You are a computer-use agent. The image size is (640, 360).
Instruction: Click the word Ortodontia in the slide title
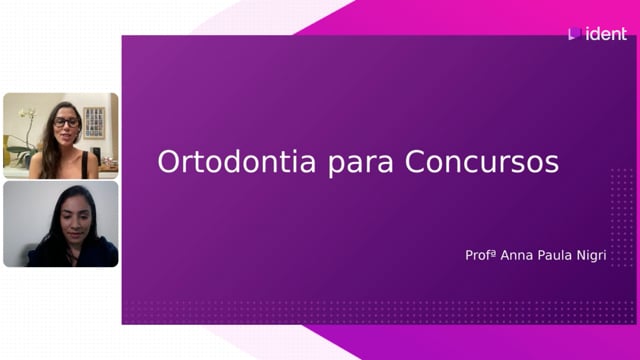pyautogui.click(x=237, y=162)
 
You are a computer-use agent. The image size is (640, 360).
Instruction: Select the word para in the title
pyautogui.click(x=361, y=165)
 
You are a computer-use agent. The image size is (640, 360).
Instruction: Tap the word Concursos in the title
pyautogui.click(x=482, y=162)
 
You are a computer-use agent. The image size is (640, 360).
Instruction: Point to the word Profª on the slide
pyautogui.click(x=480, y=255)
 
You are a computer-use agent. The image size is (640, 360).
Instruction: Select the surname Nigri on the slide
pyautogui.click(x=591, y=256)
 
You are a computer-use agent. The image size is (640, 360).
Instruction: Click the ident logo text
pyautogui.click(x=606, y=34)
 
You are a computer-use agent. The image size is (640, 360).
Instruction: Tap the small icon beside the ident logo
pyautogui.click(x=574, y=33)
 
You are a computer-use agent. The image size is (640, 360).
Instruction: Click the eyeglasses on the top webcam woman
pyautogui.click(x=66, y=122)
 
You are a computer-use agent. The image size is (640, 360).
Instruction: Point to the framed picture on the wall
pyautogui.click(x=94, y=122)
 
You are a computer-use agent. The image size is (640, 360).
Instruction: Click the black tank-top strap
pyautogui.click(x=85, y=164)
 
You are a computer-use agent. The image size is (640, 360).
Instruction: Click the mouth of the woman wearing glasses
pyautogui.click(x=65, y=136)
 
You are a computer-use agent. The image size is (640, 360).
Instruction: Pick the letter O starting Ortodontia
pyautogui.click(x=168, y=162)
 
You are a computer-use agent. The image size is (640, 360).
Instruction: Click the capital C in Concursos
pyautogui.click(x=415, y=162)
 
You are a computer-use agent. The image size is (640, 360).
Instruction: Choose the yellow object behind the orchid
pyautogui.click(x=6, y=150)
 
